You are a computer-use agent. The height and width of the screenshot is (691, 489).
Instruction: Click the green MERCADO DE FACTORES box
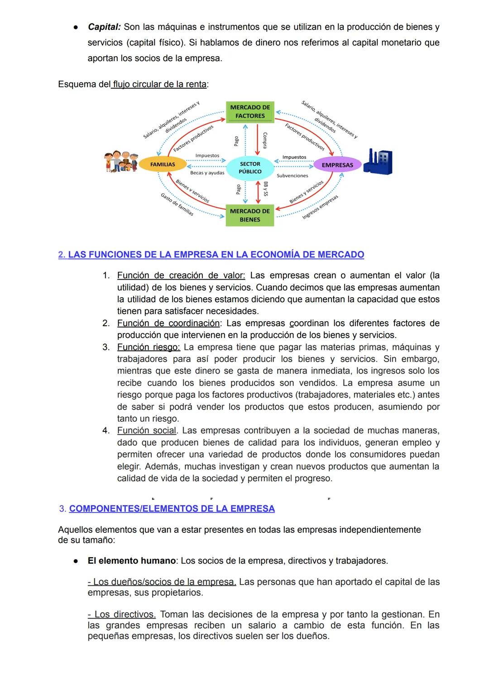[x=250, y=112]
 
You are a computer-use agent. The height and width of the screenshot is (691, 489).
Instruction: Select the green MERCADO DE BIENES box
[x=250, y=215]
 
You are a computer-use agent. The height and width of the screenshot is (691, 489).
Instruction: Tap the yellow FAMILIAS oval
[x=163, y=164]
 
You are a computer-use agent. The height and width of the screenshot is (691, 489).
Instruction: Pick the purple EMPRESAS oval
[x=337, y=165]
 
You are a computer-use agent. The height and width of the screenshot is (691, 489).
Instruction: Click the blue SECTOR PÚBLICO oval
[x=250, y=168]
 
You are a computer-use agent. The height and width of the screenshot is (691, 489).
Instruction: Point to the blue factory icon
[x=378, y=161]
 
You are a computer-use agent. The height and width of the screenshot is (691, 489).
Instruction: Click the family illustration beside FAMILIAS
[x=120, y=161]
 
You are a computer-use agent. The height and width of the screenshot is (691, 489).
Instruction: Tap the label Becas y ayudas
[x=207, y=173]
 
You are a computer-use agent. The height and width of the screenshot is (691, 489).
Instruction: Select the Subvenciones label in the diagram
[x=292, y=176]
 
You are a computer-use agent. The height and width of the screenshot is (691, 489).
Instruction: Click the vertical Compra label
[x=265, y=140]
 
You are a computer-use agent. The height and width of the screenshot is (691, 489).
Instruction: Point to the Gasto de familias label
[x=177, y=204]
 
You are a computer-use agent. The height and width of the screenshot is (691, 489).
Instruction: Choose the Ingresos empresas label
[x=320, y=208]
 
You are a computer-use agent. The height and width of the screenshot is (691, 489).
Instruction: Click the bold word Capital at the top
[x=104, y=27]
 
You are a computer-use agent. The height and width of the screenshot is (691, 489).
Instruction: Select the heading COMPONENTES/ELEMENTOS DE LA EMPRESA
[x=172, y=509]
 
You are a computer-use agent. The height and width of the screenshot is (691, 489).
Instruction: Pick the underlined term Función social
[x=147, y=430]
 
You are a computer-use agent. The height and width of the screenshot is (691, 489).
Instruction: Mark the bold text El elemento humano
[x=131, y=561]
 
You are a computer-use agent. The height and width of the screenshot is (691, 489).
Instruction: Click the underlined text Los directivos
[x=122, y=614]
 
